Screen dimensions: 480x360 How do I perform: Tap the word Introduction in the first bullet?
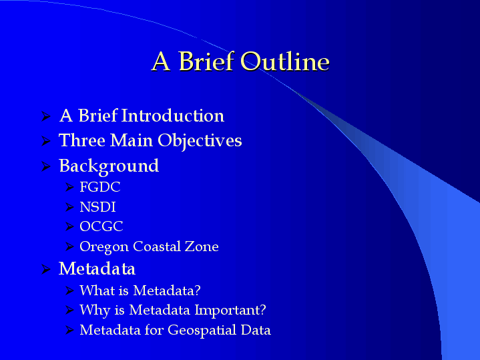173,116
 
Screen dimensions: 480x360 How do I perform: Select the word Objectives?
200,141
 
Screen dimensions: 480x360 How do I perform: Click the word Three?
82,140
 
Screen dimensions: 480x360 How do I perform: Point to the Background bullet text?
109,166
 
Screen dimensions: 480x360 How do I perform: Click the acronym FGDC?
100,187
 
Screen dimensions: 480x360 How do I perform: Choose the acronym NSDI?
97,207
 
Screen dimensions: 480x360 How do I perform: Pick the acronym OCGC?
101,226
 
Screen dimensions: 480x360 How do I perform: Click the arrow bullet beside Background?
46,166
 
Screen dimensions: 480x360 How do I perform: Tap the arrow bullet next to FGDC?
70,187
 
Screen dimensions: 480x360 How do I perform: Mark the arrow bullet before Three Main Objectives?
46,141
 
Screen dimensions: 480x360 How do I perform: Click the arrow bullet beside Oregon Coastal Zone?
70,246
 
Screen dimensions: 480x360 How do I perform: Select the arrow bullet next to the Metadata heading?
46,269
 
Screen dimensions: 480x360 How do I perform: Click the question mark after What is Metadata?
198,290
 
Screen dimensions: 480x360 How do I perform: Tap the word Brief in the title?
206,61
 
